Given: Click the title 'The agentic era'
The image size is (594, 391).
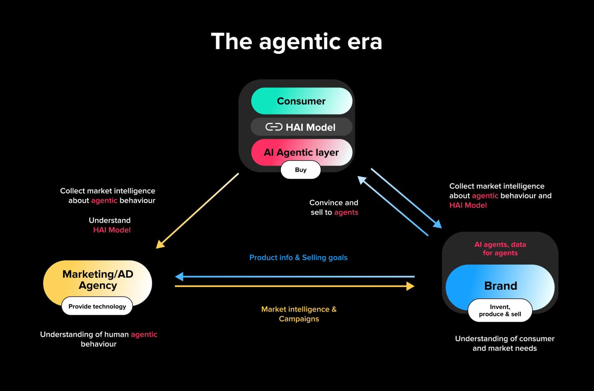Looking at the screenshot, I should (296, 41).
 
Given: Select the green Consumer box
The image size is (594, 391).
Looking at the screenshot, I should (302, 101).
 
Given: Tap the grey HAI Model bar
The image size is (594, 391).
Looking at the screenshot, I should (302, 127).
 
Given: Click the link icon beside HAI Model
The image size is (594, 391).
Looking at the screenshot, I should (274, 127).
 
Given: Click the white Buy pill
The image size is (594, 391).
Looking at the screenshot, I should (300, 170).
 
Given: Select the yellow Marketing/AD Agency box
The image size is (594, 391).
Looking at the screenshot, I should (97, 279).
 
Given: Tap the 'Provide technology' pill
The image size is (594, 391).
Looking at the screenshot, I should (97, 306).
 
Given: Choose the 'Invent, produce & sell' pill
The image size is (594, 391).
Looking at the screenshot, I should (500, 310).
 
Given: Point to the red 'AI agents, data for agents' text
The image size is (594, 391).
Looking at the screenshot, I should (500, 249).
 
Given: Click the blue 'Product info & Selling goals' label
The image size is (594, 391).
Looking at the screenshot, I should (298, 258).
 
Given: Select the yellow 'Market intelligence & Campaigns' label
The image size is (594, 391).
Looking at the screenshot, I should (299, 314).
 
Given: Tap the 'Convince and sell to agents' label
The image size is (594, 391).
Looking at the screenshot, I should (334, 207).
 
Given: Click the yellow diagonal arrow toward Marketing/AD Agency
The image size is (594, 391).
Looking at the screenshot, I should (198, 211).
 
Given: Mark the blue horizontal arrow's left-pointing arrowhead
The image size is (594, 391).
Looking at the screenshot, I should (179, 276).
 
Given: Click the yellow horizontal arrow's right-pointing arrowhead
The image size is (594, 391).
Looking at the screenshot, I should (410, 286).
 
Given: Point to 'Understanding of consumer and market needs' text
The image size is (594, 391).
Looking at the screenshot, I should (505, 343).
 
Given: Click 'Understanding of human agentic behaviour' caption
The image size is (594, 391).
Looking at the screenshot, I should (99, 339).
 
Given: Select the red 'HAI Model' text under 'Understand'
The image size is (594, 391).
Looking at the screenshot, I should (112, 230).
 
